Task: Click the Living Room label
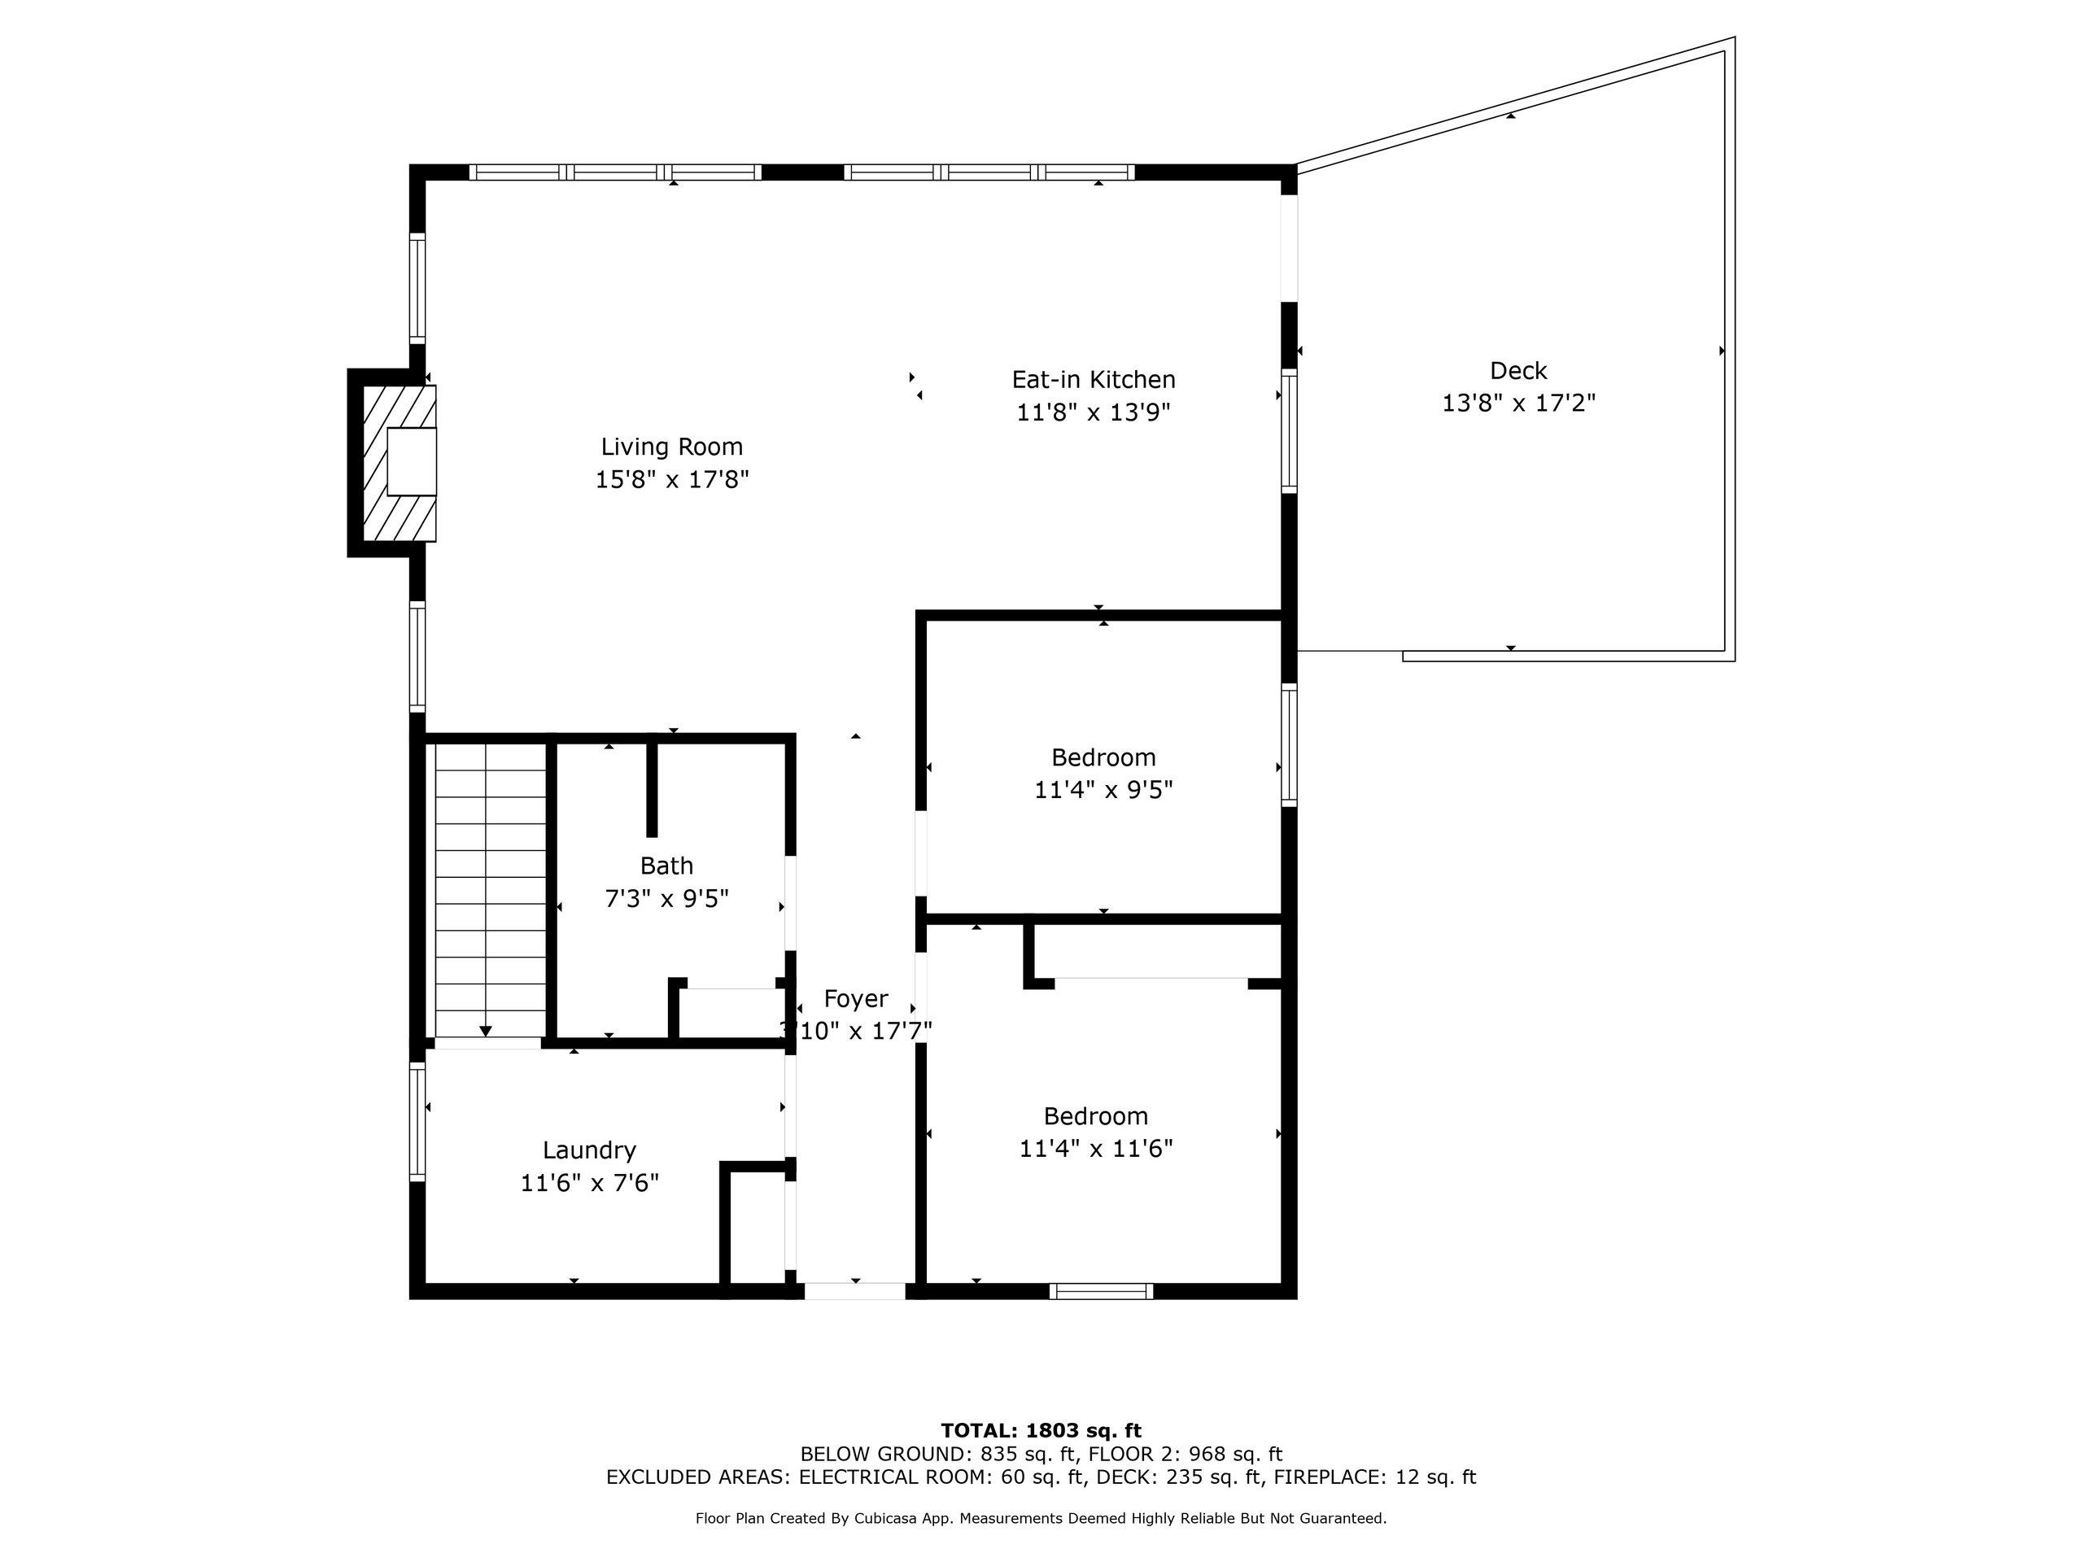tap(671, 447)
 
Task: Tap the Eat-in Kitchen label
tap(1094, 379)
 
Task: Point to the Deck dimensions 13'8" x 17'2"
tap(1519, 403)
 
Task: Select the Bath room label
tap(666, 866)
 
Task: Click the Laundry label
tap(589, 1150)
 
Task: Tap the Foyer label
tap(855, 999)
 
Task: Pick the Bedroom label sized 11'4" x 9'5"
tap(1103, 757)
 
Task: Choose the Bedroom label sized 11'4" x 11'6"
tap(1096, 1115)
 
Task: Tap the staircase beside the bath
tap(490, 890)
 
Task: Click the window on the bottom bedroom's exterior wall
tap(1101, 1291)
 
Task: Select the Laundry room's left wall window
tap(417, 1120)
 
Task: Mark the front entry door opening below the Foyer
tap(855, 1291)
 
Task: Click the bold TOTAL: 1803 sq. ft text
tap(1041, 1431)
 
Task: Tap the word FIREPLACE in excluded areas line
tap(1330, 1477)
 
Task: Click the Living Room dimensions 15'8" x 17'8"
tap(671, 479)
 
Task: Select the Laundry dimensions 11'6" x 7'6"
tap(589, 1183)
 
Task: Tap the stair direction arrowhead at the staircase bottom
tap(485, 1031)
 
